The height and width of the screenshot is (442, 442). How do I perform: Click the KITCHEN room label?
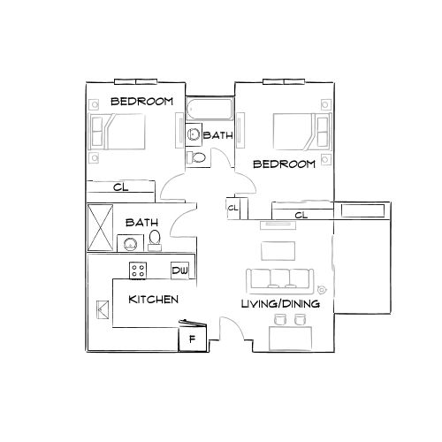click(x=154, y=300)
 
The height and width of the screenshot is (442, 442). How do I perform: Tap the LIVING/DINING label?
click(x=280, y=304)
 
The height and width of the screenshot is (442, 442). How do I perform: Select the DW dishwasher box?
click(x=180, y=270)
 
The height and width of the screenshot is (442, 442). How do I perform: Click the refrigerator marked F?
click(x=193, y=337)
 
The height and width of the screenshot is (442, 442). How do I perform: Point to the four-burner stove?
click(x=139, y=269)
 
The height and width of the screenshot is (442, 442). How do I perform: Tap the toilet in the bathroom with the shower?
click(x=155, y=240)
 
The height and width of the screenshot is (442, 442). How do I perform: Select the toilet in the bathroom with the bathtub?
click(x=197, y=156)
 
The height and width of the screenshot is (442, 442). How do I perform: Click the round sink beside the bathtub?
click(x=194, y=135)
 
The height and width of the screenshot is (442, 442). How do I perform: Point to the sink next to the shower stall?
click(x=131, y=243)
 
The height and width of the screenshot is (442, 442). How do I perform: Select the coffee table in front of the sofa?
click(x=278, y=247)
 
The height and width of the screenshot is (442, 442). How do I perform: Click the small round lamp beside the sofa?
click(x=321, y=287)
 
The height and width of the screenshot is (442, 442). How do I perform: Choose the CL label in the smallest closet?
click(x=232, y=209)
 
